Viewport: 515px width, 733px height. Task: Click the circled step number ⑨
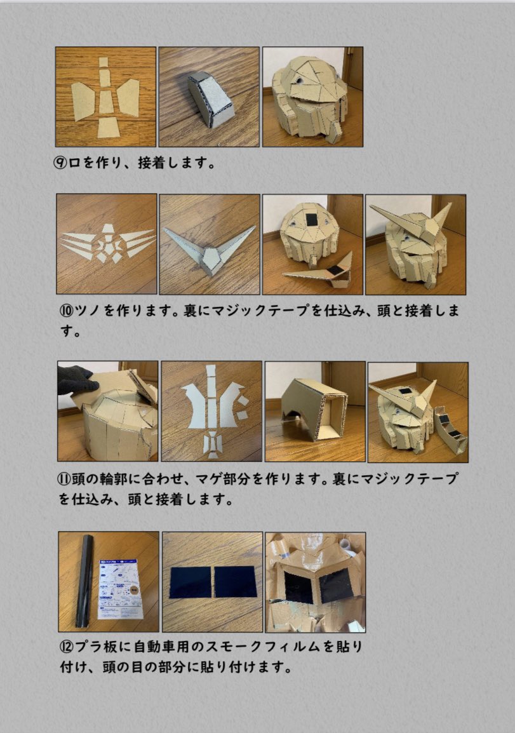pos(61,163)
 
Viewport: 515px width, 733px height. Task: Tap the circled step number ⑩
pos(67,311)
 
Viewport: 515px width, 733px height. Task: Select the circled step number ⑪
pos(64,479)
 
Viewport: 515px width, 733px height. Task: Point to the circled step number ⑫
pos(67,647)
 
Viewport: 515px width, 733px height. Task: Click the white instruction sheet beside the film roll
pos(119,588)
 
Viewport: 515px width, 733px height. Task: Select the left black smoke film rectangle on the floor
pos(191,582)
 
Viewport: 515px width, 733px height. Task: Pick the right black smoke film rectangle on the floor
pos(236,581)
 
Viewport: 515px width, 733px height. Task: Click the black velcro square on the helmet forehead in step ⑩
pos(311,219)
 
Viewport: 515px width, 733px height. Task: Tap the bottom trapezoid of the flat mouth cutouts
pos(109,127)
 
